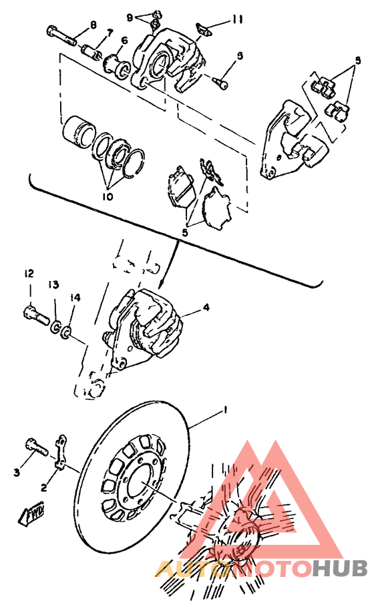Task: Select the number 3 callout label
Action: point(16,472)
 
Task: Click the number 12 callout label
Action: point(29,274)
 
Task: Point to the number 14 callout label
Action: point(75,297)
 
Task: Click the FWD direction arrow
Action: point(34,515)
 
